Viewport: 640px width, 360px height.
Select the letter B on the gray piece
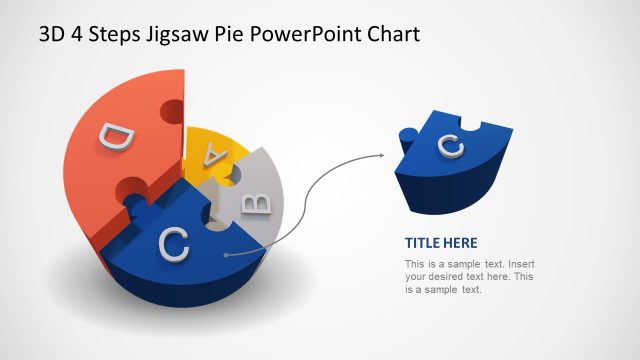[x=257, y=204]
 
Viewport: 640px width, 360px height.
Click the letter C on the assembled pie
[x=174, y=243]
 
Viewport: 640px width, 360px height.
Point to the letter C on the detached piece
[x=451, y=146]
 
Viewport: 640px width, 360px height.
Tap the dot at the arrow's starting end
[x=228, y=255]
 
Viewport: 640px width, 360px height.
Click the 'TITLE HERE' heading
[x=441, y=242]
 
